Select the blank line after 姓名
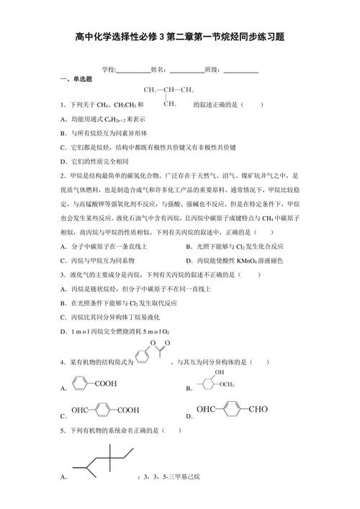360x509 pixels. click(186, 70)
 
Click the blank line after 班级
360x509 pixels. click(240, 70)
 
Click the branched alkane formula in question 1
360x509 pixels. click(169, 96)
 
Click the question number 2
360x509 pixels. click(63, 176)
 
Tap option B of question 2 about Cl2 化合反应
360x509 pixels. click(234, 246)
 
